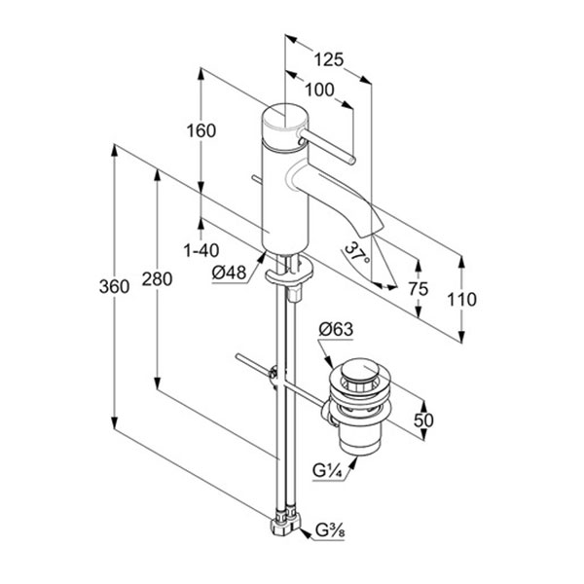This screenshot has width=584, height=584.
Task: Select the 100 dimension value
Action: click(318, 91)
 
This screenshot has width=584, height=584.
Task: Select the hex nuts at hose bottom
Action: click(284, 528)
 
